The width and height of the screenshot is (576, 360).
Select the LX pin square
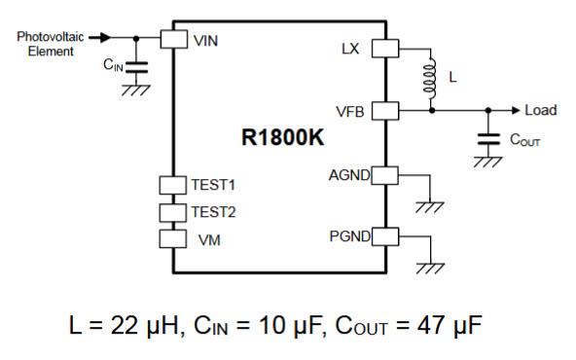click(x=386, y=47)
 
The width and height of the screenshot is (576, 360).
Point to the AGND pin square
click(x=386, y=175)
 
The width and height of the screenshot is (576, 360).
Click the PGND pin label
click(x=349, y=235)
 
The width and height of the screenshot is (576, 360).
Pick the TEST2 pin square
click(x=173, y=211)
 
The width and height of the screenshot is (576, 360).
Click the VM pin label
click(x=206, y=238)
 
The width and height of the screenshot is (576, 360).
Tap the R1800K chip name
click(x=281, y=137)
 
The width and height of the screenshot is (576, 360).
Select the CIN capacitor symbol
click(x=136, y=67)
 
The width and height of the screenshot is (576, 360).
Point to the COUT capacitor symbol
click(x=484, y=138)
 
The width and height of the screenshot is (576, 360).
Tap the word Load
click(x=540, y=111)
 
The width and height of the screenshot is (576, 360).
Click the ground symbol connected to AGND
click(x=425, y=205)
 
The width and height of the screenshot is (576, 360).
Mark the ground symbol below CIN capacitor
click(x=136, y=90)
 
